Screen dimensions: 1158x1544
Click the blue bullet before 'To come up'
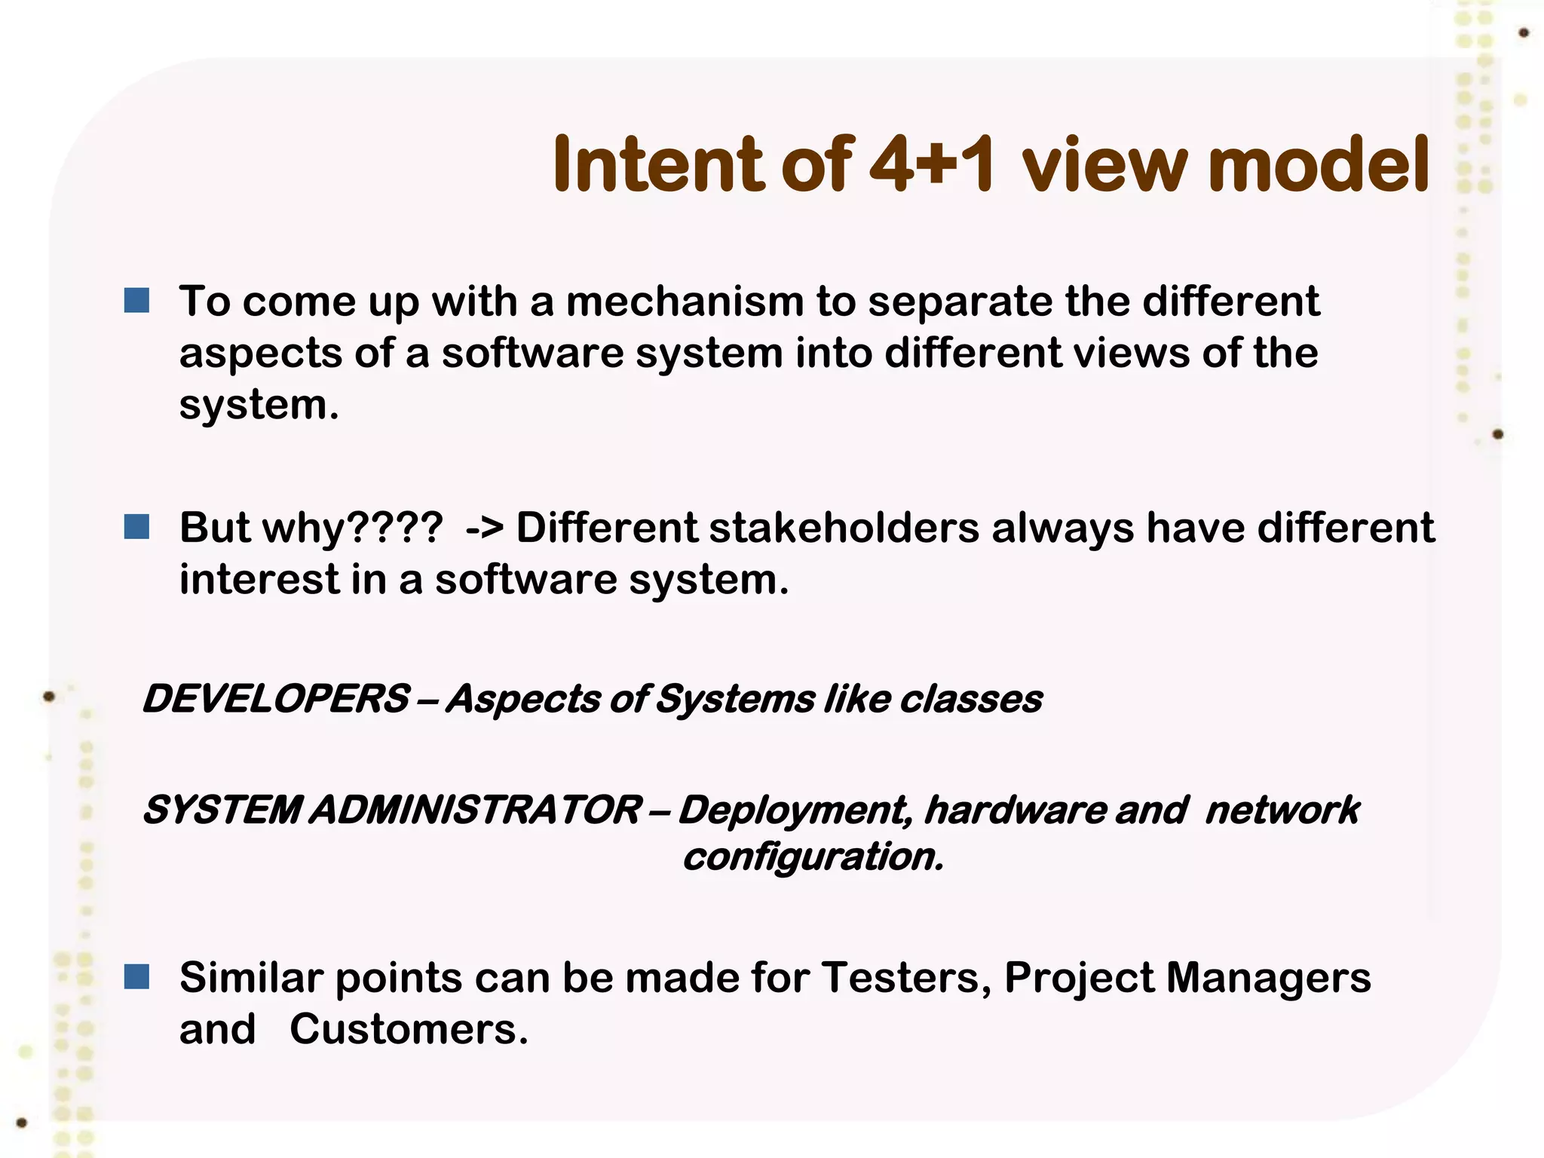tap(136, 302)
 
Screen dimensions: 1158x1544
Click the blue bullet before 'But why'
tap(136, 527)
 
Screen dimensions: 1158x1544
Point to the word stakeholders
tap(844, 527)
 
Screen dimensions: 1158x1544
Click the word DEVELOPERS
tap(276, 698)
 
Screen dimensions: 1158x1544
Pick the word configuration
tap(813, 857)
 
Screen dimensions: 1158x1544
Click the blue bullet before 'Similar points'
tap(136, 978)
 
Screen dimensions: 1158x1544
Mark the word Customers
tap(408, 1029)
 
